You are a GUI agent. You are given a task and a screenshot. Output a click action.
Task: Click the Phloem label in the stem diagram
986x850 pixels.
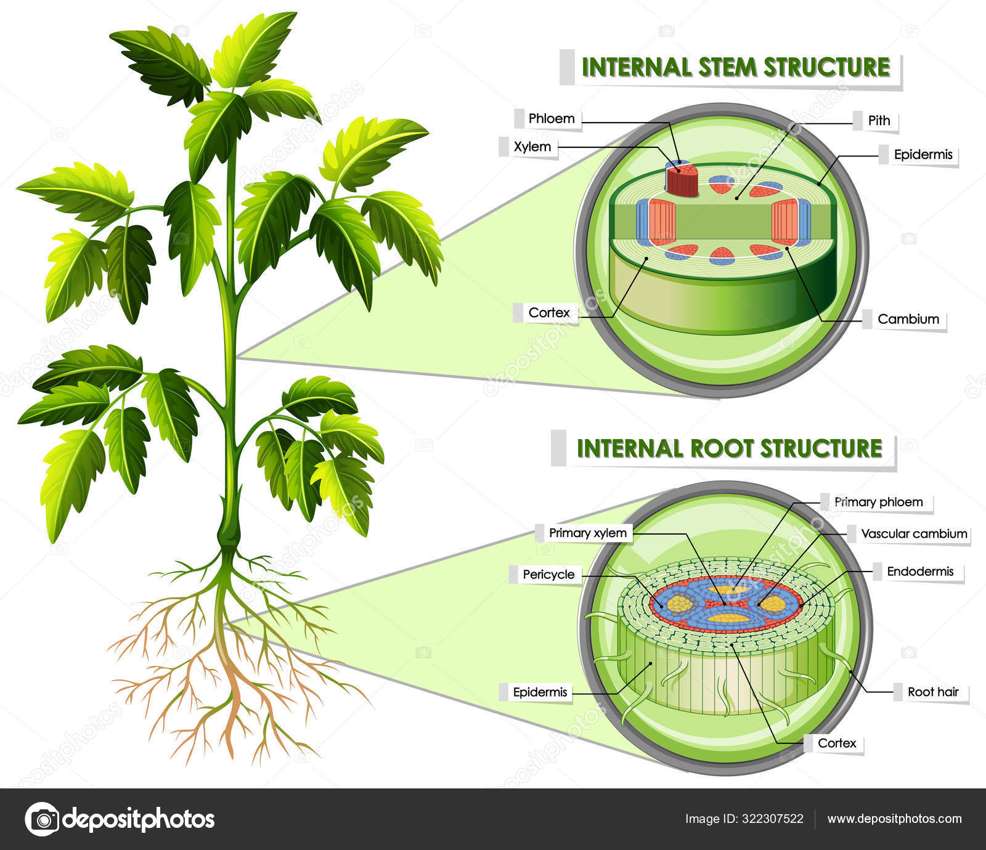pyautogui.click(x=551, y=118)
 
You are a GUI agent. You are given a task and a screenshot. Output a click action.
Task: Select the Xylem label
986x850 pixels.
pyautogui.click(x=532, y=147)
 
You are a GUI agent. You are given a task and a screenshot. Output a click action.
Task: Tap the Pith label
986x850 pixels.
pyautogui.click(x=879, y=121)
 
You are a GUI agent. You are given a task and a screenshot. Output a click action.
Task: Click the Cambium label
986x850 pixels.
pyautogui.click(x=908, y=319)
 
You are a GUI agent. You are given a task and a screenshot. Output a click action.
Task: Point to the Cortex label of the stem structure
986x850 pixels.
pyautogui.click(x=548, y=313)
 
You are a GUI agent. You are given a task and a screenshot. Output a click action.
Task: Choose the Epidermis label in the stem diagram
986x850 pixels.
pyautogui.click(x=923, y=155)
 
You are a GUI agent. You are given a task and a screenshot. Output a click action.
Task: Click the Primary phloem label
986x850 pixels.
pyautogui.click(x=878, y=502)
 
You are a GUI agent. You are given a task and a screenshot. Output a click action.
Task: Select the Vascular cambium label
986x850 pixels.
pyautogui.click(x=913, y=534)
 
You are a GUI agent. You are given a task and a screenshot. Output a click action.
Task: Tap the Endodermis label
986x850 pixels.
pyautogui.click(x=919, y=572)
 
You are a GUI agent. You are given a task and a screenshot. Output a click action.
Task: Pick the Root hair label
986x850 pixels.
pyautogui.click(x=932, y=692)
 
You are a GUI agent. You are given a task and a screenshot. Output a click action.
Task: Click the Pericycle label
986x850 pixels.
pyautogui.click(x=548, y=575)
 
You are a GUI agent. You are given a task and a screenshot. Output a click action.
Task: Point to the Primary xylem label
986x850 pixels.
pyautogui.click(x=587, y=533)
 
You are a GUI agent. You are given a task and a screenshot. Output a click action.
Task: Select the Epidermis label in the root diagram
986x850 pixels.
pyautogui.click(x=539, y=692)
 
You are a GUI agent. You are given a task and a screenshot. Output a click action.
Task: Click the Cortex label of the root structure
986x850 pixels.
pyautogui.click(x=836, y=743)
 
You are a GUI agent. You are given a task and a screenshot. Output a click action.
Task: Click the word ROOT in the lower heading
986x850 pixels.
pyautogui.click(x=722, y=449)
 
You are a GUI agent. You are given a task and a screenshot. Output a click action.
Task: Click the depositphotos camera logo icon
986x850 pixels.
pyautogui.click(x=43, y=819)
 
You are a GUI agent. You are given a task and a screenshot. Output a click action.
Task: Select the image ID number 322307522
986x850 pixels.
pyautogui.click(x=772, y=819)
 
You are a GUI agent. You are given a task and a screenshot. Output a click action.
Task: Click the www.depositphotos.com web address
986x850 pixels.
pyautogui.click(x=894, y=819)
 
